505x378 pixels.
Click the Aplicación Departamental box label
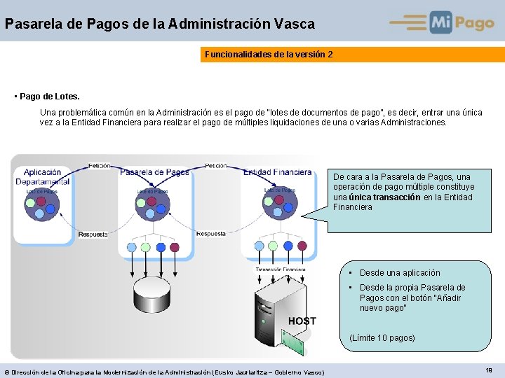(x=43, y=176)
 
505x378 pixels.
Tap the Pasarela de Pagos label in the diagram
(x=154, y=172)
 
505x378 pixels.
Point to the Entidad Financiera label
(x=278, y=172)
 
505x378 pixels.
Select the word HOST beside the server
(x=302, y=321)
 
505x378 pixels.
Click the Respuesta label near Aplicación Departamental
(x=93, y=234)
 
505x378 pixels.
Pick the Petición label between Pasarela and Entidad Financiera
(x=215, y=166)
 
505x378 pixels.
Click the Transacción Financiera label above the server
(x=280, y=269)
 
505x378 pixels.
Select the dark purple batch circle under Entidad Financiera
(x=289, y=245)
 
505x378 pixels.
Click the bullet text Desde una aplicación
(x=400, y=273)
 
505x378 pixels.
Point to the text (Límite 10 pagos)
(x=382, y=338)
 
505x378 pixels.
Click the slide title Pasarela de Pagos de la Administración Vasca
(x=160, y=24)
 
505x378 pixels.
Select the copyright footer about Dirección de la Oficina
(x=164, y=372)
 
